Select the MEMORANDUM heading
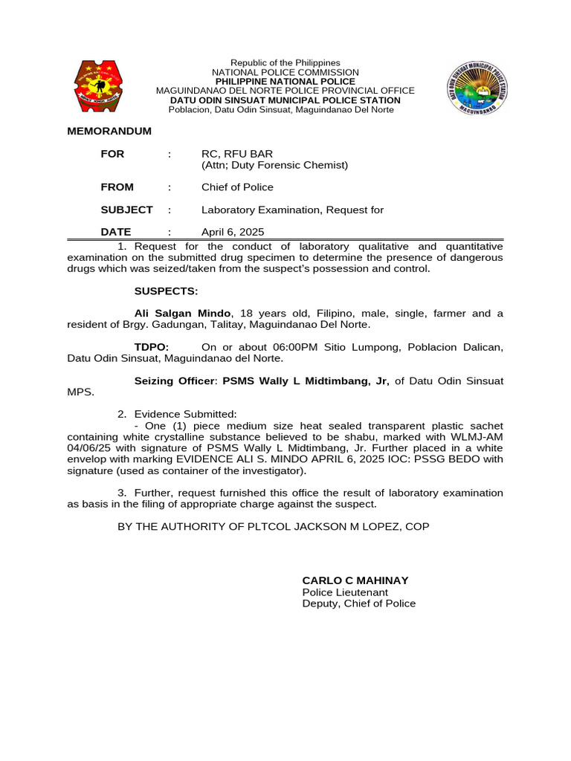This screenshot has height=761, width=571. point(109,131)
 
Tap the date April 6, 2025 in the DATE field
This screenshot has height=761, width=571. point(233,232)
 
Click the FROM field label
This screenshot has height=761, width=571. point(117,187)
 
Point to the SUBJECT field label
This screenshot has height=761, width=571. point(127,210)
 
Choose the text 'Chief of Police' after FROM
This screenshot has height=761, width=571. point(237,187)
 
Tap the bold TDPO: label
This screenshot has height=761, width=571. point(152,347)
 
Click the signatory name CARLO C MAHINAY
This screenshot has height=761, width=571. point(355,580)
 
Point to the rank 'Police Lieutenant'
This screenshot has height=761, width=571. point(345,592)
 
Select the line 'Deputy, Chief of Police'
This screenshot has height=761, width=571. point(359,603)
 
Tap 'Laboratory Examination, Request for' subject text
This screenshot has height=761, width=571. point(292,210)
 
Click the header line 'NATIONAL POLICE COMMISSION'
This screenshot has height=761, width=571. point(285,72)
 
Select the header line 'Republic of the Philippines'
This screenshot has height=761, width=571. point(285,62)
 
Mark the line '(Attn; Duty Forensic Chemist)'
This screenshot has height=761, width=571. point(274,165)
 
